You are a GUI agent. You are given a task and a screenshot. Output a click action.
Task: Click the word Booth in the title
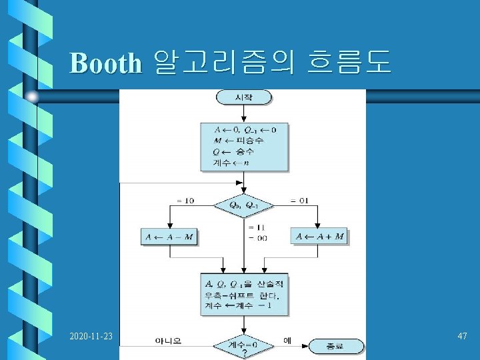pyautogui.click(x=105, y=63)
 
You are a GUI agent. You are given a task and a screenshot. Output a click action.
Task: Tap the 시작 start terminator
pyautogui.click(x=243, y=97)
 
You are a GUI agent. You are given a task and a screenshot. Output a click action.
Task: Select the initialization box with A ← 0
pyautogui.click(x=244, y=147)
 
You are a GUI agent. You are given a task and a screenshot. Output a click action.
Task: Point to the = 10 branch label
pyautogui.click(x=185, y=200)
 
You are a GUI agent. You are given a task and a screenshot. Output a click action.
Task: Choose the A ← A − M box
pyautogui.click(x=170, y=237)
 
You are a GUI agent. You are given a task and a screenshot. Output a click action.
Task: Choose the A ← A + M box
pyautogui.click(x=320, y=237)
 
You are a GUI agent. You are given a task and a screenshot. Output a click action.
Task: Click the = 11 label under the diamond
pyautogui.click(x=257, y=227)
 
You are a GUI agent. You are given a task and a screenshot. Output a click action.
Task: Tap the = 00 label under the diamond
pyautogui.click(x=257, y=237)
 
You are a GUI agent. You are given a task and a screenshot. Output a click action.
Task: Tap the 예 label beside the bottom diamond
pyautogui.click(x=287, y=340)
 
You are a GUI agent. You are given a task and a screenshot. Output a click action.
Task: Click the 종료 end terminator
pyautogui.click(x=337, y=346)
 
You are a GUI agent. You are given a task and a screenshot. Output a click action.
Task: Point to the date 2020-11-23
pyautogui.click(x=93, y=337)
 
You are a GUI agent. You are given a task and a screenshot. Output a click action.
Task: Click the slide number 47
pyautogui.click(x=462, y=337)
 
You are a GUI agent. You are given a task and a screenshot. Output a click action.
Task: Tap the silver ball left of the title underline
pyautogui.click(x=32, y=97)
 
